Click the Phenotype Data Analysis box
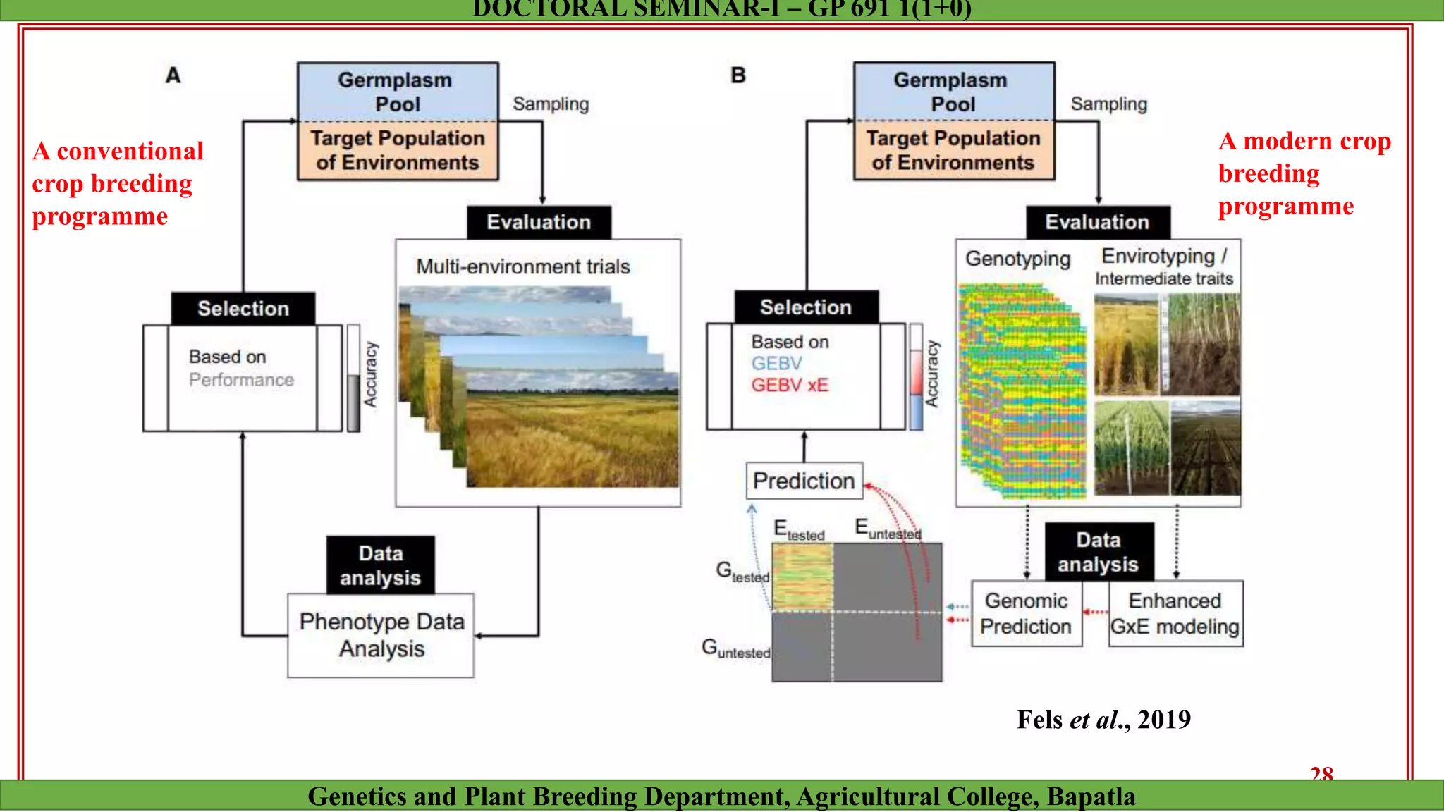381,635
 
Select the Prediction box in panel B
804,481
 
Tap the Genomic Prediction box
1026,613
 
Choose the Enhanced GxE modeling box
1175,613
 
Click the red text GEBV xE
789,386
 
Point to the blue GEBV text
776,364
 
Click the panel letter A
173,75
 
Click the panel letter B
738,75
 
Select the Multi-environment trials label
522,267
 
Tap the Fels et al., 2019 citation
1103,720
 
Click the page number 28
1321,773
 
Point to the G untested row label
735,648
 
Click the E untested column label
887,529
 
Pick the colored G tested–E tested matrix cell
802,577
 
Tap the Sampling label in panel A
550,104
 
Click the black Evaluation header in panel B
1097,222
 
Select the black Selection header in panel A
243,309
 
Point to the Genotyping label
1017,259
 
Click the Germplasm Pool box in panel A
397,92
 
